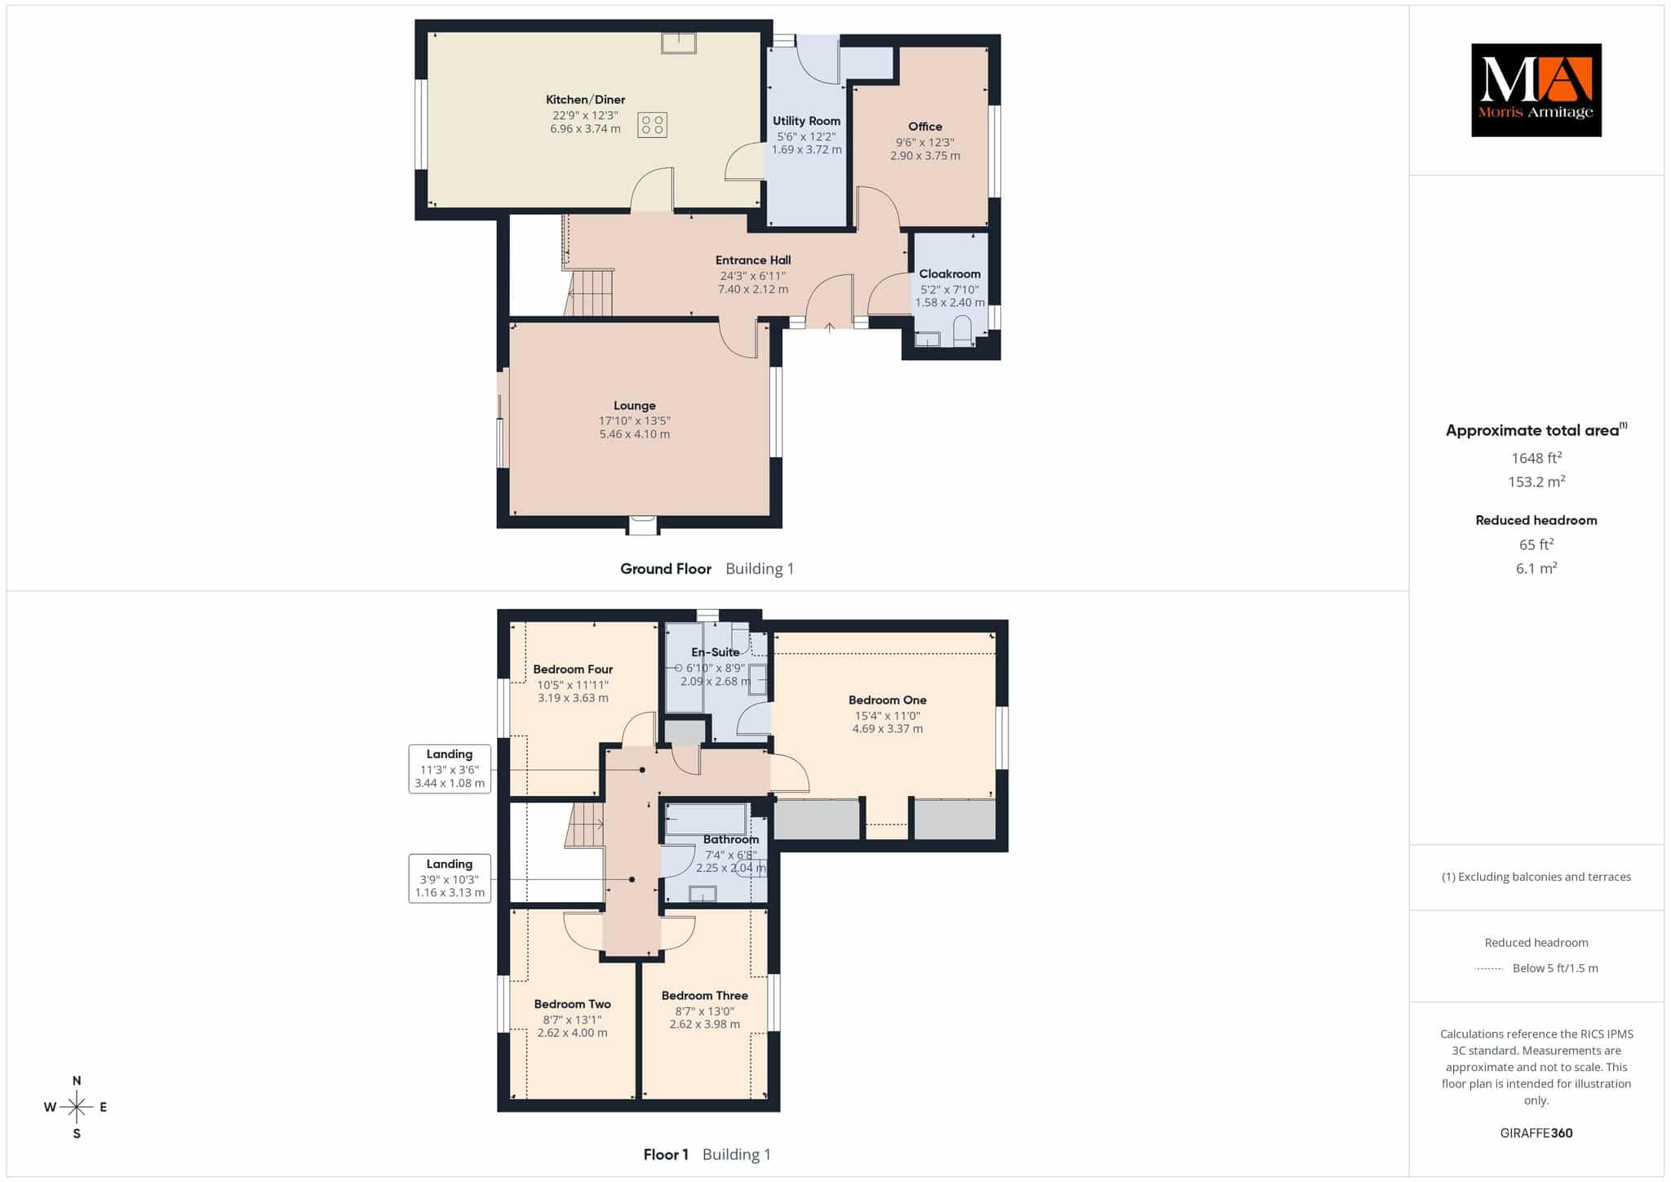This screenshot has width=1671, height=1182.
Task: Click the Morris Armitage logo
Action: (x=1536, y=90)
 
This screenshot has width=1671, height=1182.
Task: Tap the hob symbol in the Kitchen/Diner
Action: (x=652, y=125)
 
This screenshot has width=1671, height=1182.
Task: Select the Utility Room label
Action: (x=806, y=121)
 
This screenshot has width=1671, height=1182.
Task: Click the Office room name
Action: (x=925, y=127)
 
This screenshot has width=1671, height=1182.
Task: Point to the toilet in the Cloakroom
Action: (x=963, y=331)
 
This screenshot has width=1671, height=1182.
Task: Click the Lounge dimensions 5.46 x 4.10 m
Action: (x=635, y=434)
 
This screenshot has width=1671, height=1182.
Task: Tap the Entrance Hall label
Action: (x=753, y=260)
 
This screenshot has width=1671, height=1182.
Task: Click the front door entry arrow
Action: (x=829, y=327)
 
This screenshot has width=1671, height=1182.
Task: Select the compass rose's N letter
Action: (x=77, y=1081)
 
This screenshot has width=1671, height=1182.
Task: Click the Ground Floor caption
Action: (x=666, y=569)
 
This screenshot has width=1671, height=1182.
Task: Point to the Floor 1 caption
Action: (x=666, y=1154)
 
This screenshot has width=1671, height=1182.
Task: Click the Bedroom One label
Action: (x=888, y=700)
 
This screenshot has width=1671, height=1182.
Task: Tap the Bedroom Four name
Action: (x=573, y=669)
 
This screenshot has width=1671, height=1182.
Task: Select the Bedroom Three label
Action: (x=705, y=996)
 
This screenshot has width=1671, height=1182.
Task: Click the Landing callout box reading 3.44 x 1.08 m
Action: (x=450, y=769)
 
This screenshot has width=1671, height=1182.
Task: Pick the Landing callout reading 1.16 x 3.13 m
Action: (x=450, y=878)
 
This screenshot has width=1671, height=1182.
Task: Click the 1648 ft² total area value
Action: (x=1536, y=458)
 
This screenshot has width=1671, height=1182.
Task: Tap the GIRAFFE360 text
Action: (x=1536, y=1133)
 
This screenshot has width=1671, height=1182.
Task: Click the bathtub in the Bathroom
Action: (x=707, y=819)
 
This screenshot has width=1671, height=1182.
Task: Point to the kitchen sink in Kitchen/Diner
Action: (x=678, y=42)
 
